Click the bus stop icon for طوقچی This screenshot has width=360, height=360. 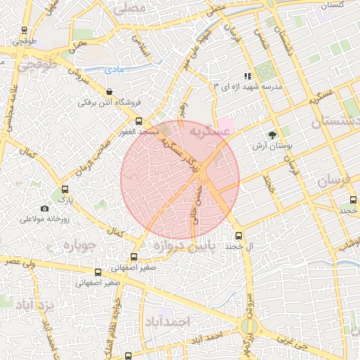[x=25, y=31]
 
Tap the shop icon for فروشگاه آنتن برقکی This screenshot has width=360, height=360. [x=109, y=92]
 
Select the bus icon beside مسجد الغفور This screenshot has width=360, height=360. [x=139, y=121]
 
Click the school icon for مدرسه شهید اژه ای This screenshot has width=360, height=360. [x=247, y=76]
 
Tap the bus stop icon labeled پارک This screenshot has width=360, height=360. [x=65, y=189]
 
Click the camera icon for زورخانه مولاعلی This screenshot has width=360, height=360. [x=45, y=208]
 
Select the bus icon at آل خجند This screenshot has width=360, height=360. [x=238, y=236]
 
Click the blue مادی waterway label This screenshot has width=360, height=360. [x=114, y=70]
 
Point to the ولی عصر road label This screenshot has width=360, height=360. [x=15, y=261]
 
